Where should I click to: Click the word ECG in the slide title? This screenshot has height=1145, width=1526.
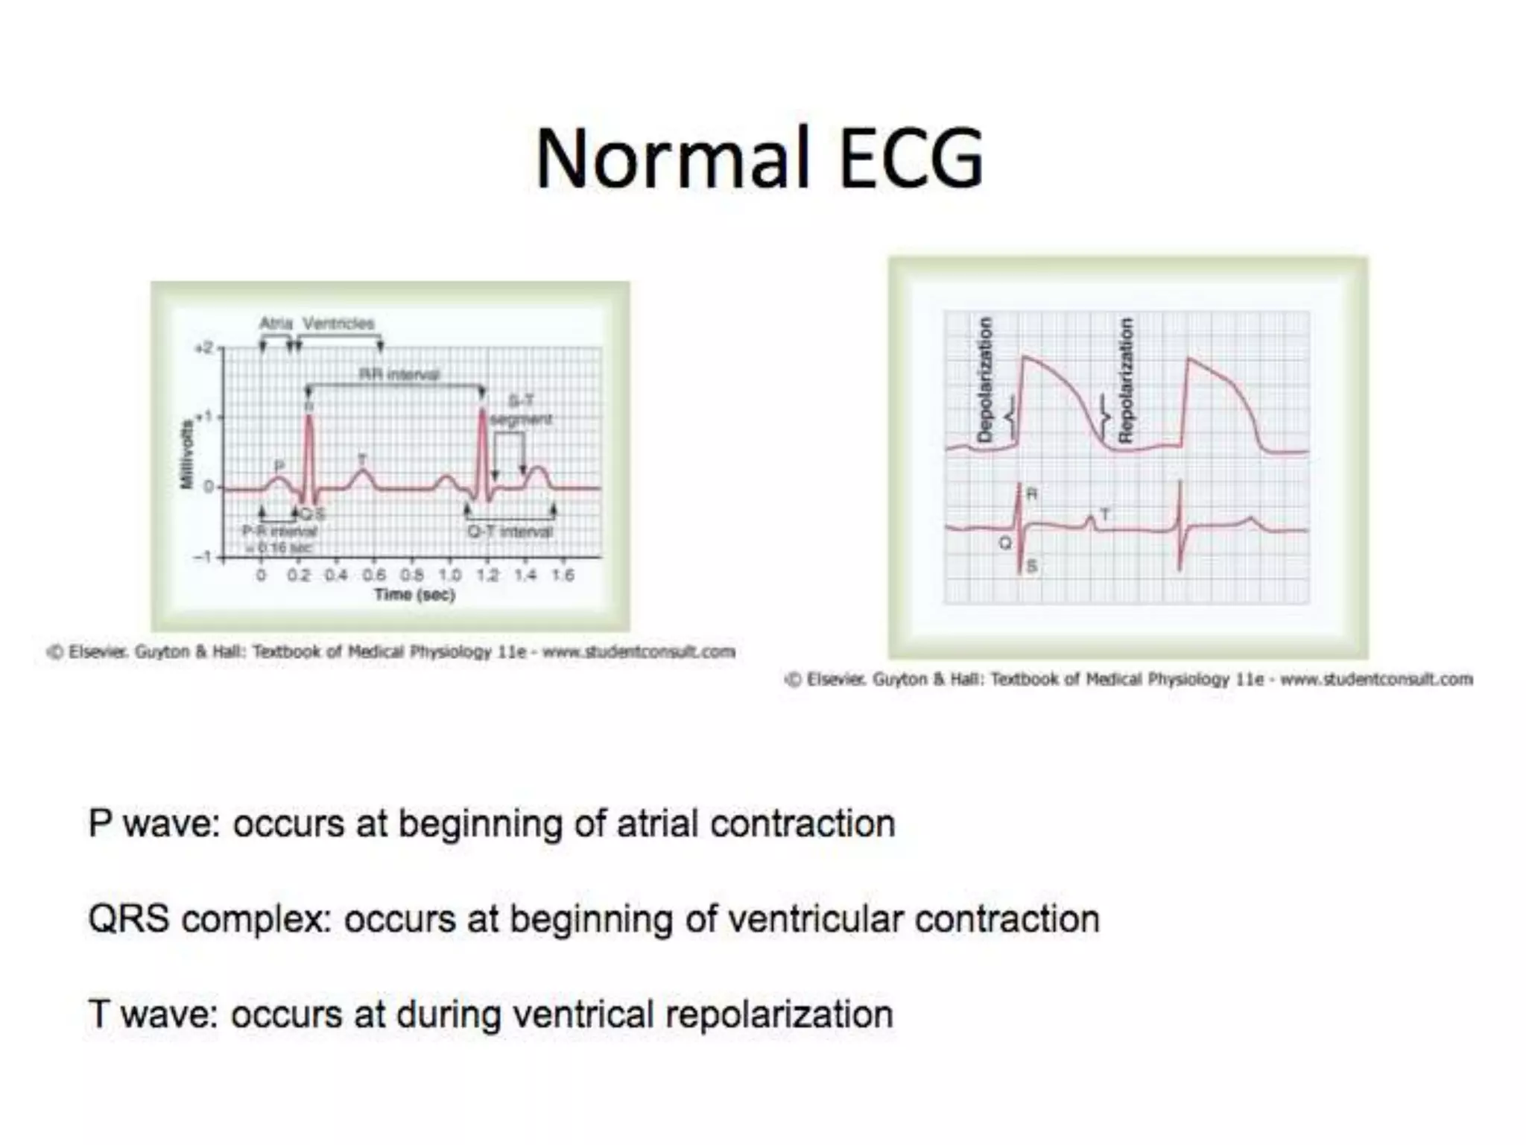coord(911,159)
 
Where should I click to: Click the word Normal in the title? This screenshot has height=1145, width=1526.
coord(672,159)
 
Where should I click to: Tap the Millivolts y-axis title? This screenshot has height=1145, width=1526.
coord(186,455)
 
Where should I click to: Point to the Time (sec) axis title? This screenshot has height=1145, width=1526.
coord(414,594)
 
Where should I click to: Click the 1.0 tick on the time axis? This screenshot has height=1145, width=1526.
coord(449,575)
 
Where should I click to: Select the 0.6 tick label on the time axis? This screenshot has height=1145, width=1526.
coord(374,575)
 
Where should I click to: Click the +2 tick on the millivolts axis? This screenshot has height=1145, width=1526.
coord(203,348)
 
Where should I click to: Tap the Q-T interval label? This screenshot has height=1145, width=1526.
coord(510,532)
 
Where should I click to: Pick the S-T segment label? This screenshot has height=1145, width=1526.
coord(521,410)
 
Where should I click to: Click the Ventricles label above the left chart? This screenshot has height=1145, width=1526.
coord(338,324)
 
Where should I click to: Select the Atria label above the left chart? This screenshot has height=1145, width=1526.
coord(276,324)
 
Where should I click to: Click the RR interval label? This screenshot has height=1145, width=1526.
coord(399,373)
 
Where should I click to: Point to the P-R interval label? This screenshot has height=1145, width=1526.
coord(280,531)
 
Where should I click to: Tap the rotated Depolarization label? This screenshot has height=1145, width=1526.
coord(984,379)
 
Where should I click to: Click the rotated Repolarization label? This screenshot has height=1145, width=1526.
coord(1126,379)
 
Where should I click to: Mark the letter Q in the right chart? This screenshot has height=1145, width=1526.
coord(1004,543)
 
